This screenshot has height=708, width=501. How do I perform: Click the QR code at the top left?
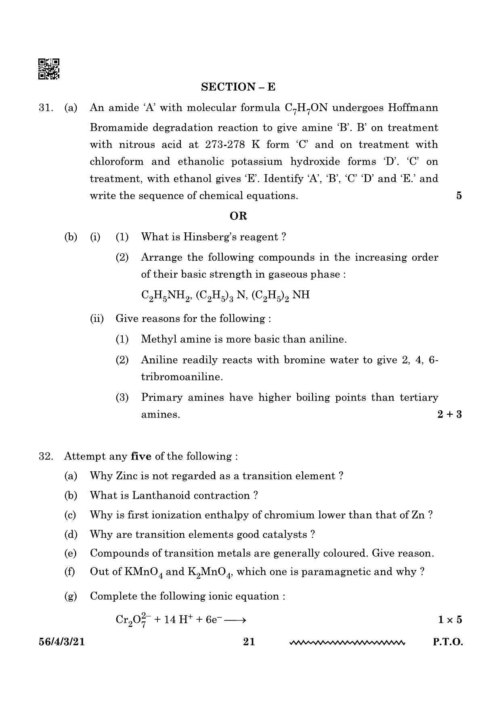49,69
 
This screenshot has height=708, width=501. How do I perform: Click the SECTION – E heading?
238,87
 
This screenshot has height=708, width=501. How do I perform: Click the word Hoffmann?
413,108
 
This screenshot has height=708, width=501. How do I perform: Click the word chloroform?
116,161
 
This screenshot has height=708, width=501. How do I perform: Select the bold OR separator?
238,216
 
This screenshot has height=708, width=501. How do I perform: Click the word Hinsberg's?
210,237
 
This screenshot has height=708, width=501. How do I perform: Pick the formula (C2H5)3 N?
221,295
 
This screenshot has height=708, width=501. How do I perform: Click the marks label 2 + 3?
449,414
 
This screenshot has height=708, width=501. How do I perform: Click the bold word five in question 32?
141,456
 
